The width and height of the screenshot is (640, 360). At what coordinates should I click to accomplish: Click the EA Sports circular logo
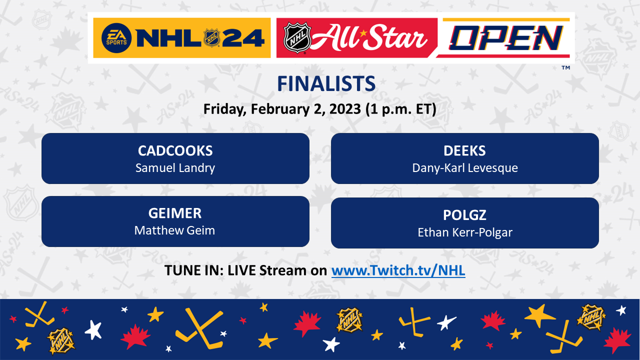point(116,38)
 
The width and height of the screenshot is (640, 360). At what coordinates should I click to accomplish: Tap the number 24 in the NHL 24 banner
point(243,38)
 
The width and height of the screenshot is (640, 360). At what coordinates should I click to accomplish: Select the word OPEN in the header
point(506,38)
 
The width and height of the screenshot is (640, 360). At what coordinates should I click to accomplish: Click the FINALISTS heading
point(326,83)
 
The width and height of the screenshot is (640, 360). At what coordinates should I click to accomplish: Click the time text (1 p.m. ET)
point(401,109)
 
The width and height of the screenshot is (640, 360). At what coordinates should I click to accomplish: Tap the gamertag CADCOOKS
point(175,151)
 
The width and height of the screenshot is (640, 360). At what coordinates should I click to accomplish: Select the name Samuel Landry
point(175,168)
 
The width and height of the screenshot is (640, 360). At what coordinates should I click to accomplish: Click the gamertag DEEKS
point(464,151)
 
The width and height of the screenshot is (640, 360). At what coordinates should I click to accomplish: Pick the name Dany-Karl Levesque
point(465,168)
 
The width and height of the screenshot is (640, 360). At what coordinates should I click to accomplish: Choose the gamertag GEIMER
point(175,213)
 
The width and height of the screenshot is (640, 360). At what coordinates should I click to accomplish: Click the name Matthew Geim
point(174,230)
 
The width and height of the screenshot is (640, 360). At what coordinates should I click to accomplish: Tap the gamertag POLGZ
point(464,215)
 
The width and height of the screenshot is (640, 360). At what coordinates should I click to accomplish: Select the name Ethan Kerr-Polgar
point(465,232)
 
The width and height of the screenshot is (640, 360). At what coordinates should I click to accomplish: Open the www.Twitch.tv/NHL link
point(398,270)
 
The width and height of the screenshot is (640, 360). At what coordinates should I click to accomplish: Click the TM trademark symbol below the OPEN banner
point(565,67)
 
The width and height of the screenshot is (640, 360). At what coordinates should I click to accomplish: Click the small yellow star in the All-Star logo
point(363,33)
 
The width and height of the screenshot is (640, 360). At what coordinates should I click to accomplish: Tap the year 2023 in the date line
point(345,109)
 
